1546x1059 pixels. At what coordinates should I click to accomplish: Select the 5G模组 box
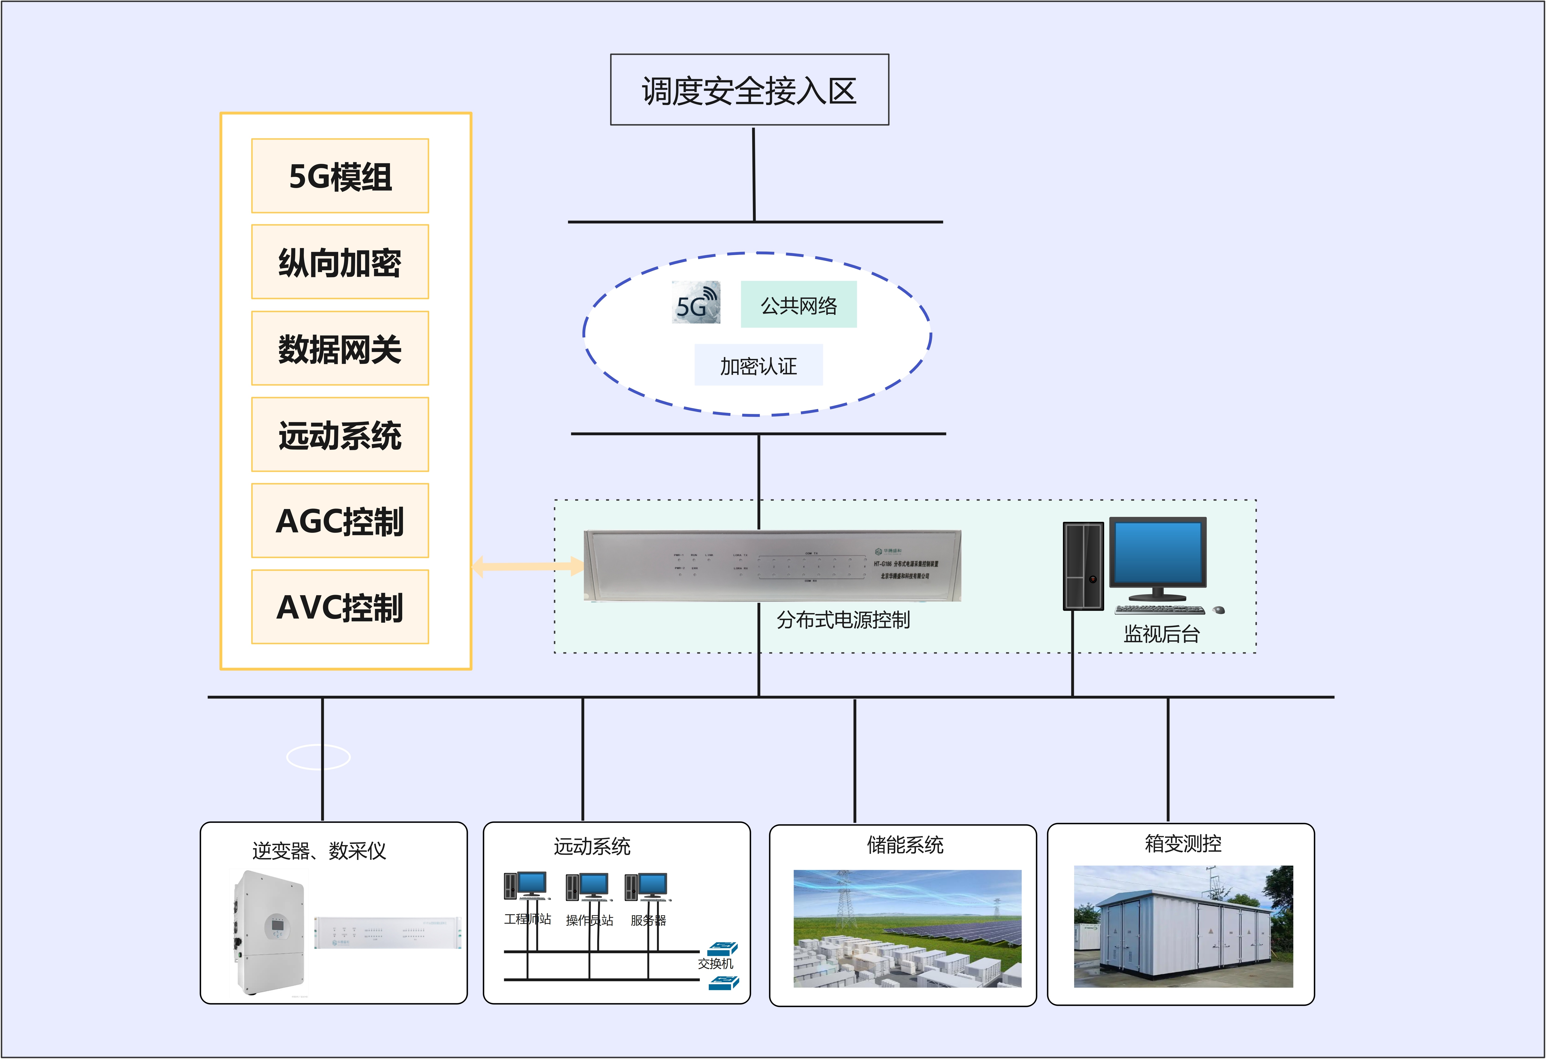click(x=340, y=176)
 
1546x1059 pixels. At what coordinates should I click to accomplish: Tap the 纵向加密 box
click(x=340, y=262)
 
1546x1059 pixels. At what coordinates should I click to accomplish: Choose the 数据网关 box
click(x=340, y=349)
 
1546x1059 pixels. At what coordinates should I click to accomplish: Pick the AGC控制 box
click(x=340, y=521)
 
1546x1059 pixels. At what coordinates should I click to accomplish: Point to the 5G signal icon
click(x=696, y=303)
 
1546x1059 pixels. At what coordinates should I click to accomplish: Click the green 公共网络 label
click(x=798, y=305)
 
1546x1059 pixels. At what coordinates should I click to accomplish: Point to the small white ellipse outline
click(x=318, y=757)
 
